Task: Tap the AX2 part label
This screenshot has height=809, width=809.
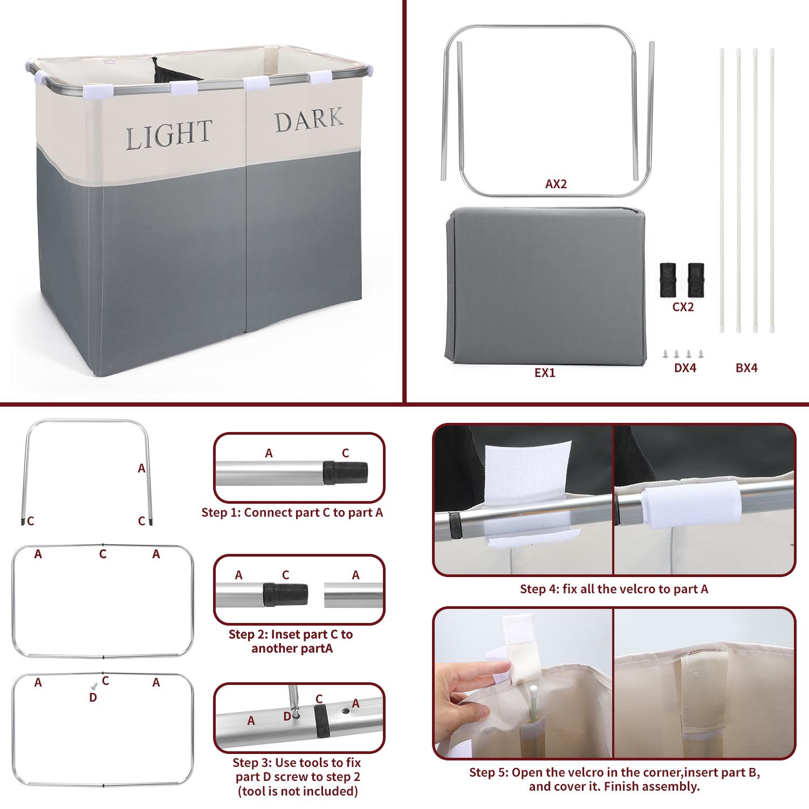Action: tap(556, 184)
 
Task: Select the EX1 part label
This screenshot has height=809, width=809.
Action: tap(545, 373)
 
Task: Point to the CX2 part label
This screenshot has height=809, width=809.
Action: tap(683, 307)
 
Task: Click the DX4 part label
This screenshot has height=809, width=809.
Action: tap(685, 368)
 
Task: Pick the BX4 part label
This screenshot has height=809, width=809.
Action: tap(746, 368)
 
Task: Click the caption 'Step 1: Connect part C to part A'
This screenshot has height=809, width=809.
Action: tap(292, 512)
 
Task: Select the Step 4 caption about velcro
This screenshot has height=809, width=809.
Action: tap(614, 589)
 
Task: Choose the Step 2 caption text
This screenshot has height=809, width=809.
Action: tap(291, 641)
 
